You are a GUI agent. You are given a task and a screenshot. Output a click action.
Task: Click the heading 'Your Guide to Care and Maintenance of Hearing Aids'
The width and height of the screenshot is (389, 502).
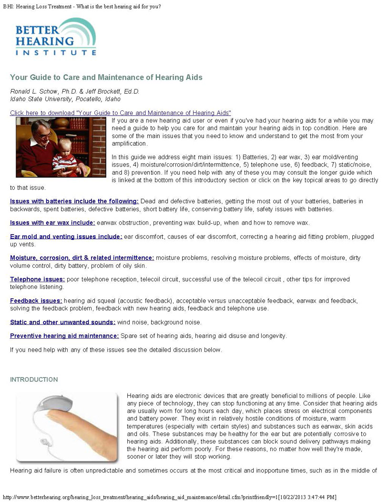click(x=106, y=77)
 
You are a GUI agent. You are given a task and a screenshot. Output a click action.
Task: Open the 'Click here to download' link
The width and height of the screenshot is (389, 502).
click(x=120, y=113)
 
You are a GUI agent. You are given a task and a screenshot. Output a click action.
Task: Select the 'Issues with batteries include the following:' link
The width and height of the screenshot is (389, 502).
click(x=74, y=201)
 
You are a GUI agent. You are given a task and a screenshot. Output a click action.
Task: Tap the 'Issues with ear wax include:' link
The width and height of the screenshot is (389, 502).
click(x=52, y=222)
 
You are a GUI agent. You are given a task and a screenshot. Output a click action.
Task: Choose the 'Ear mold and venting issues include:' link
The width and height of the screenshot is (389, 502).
click(x=66, y=236)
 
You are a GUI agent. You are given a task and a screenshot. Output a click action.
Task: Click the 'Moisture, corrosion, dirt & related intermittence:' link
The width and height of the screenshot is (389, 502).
click(x=82, y=257)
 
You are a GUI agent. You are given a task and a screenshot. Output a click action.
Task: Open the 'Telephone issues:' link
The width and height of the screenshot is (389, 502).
click(x=37, y=279)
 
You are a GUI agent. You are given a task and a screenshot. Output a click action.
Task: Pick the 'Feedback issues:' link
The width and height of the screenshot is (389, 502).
click(x=36, y=300)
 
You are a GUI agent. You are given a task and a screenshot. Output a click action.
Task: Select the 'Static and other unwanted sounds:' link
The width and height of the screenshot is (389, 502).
click(x=62, y=322)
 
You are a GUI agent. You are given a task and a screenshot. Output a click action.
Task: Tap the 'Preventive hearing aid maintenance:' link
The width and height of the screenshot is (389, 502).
click(x=64, y=335)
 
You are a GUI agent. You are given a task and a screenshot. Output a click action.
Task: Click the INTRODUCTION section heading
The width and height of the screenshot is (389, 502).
click(x=34, y=379)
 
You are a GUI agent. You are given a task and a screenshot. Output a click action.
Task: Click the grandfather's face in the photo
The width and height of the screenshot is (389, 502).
click(x=43, y=131)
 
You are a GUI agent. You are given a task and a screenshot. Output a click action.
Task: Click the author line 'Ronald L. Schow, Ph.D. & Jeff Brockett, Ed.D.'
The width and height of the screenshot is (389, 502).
click(x=74, y=91)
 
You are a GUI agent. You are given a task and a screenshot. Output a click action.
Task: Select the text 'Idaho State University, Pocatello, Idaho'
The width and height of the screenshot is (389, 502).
click(x=65, y=99)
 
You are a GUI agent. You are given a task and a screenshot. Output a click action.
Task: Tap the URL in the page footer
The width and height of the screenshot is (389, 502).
click(x=169, y=497)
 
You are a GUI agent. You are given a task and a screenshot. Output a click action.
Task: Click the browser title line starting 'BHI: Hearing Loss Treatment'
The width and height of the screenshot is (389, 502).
click(x=82, y=6)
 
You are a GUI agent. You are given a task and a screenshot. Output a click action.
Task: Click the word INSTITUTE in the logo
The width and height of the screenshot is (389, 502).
click(x=52, y=52)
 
